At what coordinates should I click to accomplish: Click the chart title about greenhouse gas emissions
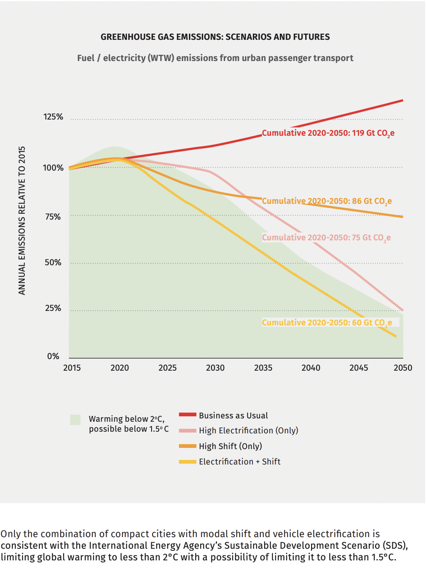click(215, 37)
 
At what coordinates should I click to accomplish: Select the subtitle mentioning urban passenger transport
click(215, 58)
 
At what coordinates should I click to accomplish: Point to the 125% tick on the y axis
click(53, 117)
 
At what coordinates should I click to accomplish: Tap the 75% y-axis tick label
click(53, 217)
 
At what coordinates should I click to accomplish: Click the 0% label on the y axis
click(53, 356)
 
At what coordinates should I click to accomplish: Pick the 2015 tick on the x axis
click(72, 368)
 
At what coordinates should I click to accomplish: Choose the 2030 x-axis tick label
click(215, 368)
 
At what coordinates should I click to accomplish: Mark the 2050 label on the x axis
click(403, 368)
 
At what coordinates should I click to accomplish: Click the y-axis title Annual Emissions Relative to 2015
click(22, 220)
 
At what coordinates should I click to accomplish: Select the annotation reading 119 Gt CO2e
click(328, 133)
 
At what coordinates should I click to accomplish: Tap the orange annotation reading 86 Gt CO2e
click(327, 201)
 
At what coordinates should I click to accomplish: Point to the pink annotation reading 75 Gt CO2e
click(326, 238)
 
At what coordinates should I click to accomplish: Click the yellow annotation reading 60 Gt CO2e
click(327, 323)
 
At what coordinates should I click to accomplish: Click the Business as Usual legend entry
click(233, 416)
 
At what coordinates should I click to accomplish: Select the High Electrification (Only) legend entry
click(248, 430)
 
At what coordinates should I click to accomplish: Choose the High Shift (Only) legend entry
click(230, 446)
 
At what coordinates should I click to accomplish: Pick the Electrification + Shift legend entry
click(240, 462)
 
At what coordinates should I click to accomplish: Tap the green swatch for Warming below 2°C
click(75, 420)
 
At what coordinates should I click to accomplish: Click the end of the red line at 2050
click(402, 100)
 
